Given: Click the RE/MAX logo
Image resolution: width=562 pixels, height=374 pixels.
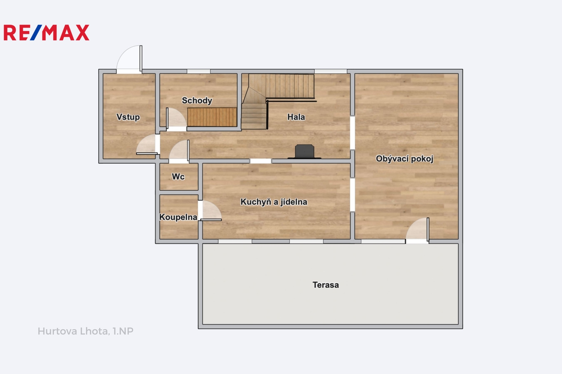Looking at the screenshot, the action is [46, 33].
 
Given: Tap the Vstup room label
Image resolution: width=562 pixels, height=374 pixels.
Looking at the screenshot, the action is [128, 117].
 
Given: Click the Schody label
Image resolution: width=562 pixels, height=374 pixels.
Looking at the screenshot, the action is [197, 101].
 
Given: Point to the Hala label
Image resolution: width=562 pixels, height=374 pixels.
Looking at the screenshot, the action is [296, 117].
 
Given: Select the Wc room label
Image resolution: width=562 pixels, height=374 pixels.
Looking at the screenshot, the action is [178, 177].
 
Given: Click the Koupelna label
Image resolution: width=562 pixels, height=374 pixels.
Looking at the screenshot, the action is [178, 217].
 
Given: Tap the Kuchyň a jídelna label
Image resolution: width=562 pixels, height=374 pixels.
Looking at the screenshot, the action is [274, 202].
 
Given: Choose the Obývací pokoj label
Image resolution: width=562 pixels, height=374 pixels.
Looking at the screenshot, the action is [404, 159].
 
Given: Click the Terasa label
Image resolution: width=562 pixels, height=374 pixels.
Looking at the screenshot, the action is [326, 285].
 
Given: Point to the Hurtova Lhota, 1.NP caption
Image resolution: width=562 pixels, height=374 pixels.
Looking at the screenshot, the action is [86, 331].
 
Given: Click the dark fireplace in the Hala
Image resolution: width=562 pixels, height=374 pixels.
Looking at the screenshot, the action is [304, 152].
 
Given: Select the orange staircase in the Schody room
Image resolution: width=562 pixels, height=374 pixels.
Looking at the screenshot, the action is [212, 117].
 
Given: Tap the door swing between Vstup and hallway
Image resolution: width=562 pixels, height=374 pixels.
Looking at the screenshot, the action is [148, 145].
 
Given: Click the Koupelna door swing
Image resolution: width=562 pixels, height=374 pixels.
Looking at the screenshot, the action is [210, 211].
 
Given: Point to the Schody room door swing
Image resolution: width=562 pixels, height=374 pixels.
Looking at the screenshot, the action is [176, 119].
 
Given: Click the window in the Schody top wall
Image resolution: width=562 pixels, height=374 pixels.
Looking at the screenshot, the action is [199, 72].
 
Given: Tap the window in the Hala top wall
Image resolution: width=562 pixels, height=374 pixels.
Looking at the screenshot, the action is [331, 72].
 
